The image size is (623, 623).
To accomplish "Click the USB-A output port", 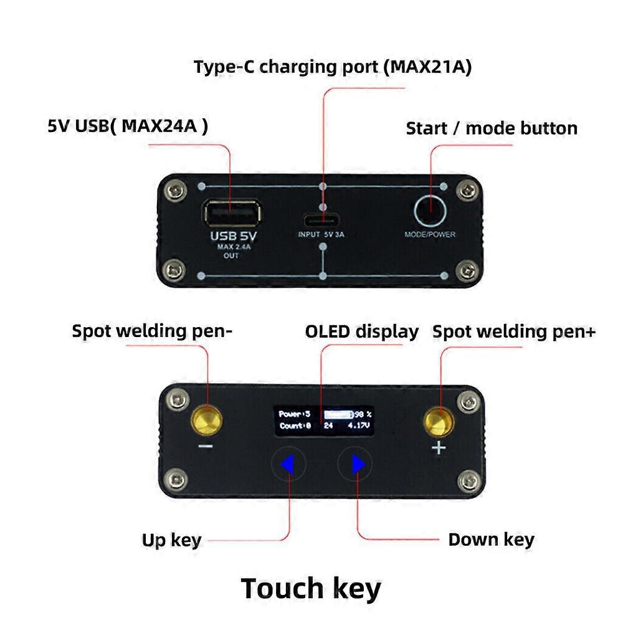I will pyautogui.click(x=231, y=213).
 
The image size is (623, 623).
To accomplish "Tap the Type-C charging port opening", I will pyautogui.click(x=322, y=220).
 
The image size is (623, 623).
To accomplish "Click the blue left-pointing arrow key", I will pyautogui.click(x=287, y=464).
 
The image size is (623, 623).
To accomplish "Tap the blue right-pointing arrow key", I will pyautogui.click(x=358, y=464).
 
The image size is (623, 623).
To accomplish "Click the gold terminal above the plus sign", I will pyautogui.click(x=439, y=421).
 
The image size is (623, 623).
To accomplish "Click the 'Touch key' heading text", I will pyautogui.click(x=311, y=589).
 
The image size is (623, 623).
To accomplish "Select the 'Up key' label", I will pyautogui.click(x=171, y=540).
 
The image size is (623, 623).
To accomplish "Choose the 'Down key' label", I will pyautogui.click(x=491, y=539).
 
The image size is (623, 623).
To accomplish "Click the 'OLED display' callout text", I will pyautogui.click(x=361, y=331).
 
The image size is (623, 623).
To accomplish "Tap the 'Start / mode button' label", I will pyautogui.click(x=492, y=128).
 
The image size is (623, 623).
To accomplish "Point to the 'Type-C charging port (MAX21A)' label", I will pyautogui.click(x=332, y=67).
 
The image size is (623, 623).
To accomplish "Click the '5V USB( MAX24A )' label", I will pyautogui.click(x=128, y=126).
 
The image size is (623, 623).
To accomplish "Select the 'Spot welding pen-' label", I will pyautogui.click(x=152, y=331).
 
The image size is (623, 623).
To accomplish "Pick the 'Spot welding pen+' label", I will pyautogui.click(x=514, y=331).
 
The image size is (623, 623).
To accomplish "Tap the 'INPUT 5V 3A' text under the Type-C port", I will pyautogui.click(x=322, y=235).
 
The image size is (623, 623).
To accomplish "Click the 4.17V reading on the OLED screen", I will pyautogui.click(x=359, y=426).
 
